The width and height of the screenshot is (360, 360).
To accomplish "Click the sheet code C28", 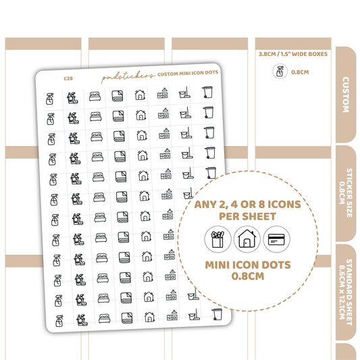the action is coord(68,78).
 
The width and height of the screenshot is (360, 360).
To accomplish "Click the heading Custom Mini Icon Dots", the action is coord(188,73).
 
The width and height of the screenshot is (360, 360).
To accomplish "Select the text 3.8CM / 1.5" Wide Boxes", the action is coord(293,54).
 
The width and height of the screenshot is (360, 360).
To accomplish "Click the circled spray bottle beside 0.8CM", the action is coord(280,72).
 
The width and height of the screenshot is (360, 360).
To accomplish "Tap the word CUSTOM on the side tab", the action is coord(346,95).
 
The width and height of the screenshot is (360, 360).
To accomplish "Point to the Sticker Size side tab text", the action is coord(346,192).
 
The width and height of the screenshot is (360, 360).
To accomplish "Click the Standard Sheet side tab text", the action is coord(346,292).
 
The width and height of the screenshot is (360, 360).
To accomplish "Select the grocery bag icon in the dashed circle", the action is coord(217,239).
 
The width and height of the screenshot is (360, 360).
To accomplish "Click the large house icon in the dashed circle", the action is coord(247,239).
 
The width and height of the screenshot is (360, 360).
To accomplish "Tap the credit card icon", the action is coord(276,239).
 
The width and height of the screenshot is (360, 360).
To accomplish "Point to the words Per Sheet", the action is coord(247,216).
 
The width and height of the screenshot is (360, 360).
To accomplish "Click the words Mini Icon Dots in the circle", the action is coord(248,265).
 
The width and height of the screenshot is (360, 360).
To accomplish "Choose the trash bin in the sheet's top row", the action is coord(207,92).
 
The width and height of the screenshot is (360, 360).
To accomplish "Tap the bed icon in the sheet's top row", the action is coord(95,97).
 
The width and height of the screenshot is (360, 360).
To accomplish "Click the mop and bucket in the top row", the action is coord(184,93).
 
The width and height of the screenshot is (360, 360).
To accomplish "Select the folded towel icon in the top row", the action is coord(118,96).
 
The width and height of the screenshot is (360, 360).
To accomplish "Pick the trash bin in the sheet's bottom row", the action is coord(217,314).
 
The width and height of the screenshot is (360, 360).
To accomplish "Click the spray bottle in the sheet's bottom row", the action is coord(59,321).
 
